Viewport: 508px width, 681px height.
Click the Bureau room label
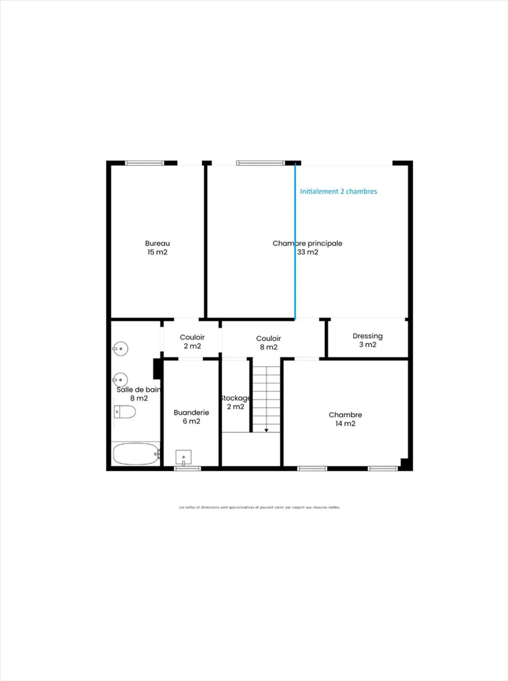point(157,243)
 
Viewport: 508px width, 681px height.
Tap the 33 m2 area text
point(308,252)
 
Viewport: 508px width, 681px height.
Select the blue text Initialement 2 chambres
point(338,191)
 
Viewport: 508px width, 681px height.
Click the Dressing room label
point(368,336)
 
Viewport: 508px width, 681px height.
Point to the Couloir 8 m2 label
point(268,343)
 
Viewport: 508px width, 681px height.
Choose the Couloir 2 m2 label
point(192,342)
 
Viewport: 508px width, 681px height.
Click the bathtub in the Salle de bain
point(136,454)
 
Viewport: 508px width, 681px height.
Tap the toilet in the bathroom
point(125,412)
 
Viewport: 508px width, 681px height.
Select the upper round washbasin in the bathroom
point(121,349)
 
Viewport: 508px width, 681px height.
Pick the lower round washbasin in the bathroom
point(121,380)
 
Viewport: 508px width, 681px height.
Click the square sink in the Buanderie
point(183,457)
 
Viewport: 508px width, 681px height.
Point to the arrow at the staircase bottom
point(266,430)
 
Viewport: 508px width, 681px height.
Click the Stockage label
point(235,398)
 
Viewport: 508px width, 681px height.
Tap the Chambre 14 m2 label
point(345,419)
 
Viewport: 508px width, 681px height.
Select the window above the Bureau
point(145,163)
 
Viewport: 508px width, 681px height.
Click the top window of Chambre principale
point(260,163)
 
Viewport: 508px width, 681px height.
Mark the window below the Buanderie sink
point(187,469)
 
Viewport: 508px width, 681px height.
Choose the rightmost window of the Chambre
point(383,469)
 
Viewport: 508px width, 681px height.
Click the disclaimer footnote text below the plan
point(259,507)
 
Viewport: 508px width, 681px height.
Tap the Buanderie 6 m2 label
point(191,416)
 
